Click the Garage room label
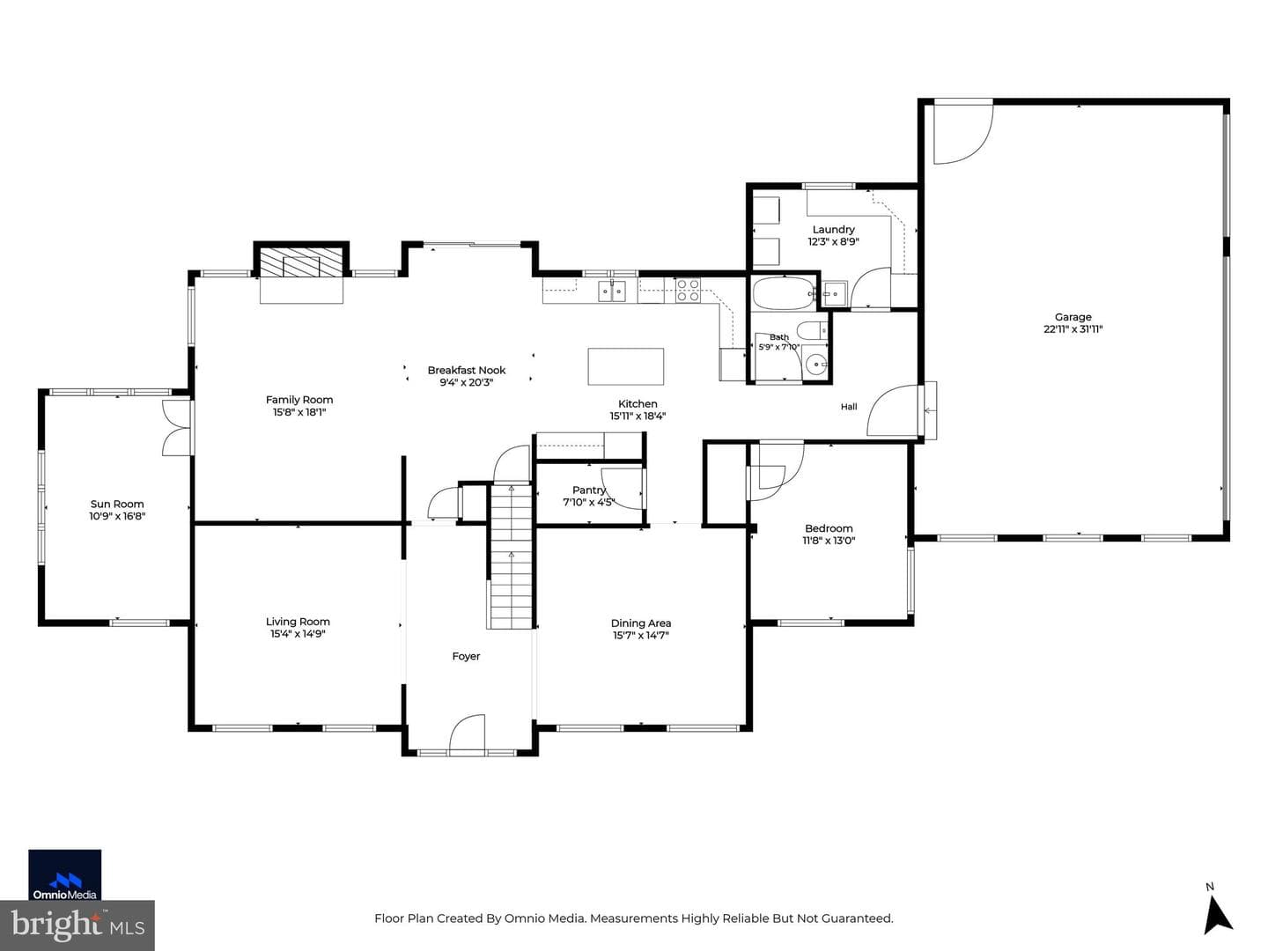1073,317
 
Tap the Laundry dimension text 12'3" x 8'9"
833,242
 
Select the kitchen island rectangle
625,366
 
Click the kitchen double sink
612,291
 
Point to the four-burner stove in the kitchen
688,290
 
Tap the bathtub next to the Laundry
784,293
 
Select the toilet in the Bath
812,330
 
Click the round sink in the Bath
815,365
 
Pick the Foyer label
466,656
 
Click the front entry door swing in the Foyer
468,734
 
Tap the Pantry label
589,490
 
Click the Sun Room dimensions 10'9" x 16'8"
117,516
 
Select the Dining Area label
641,623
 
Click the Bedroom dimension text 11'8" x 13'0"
829,541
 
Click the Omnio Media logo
64,874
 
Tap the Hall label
849,407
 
